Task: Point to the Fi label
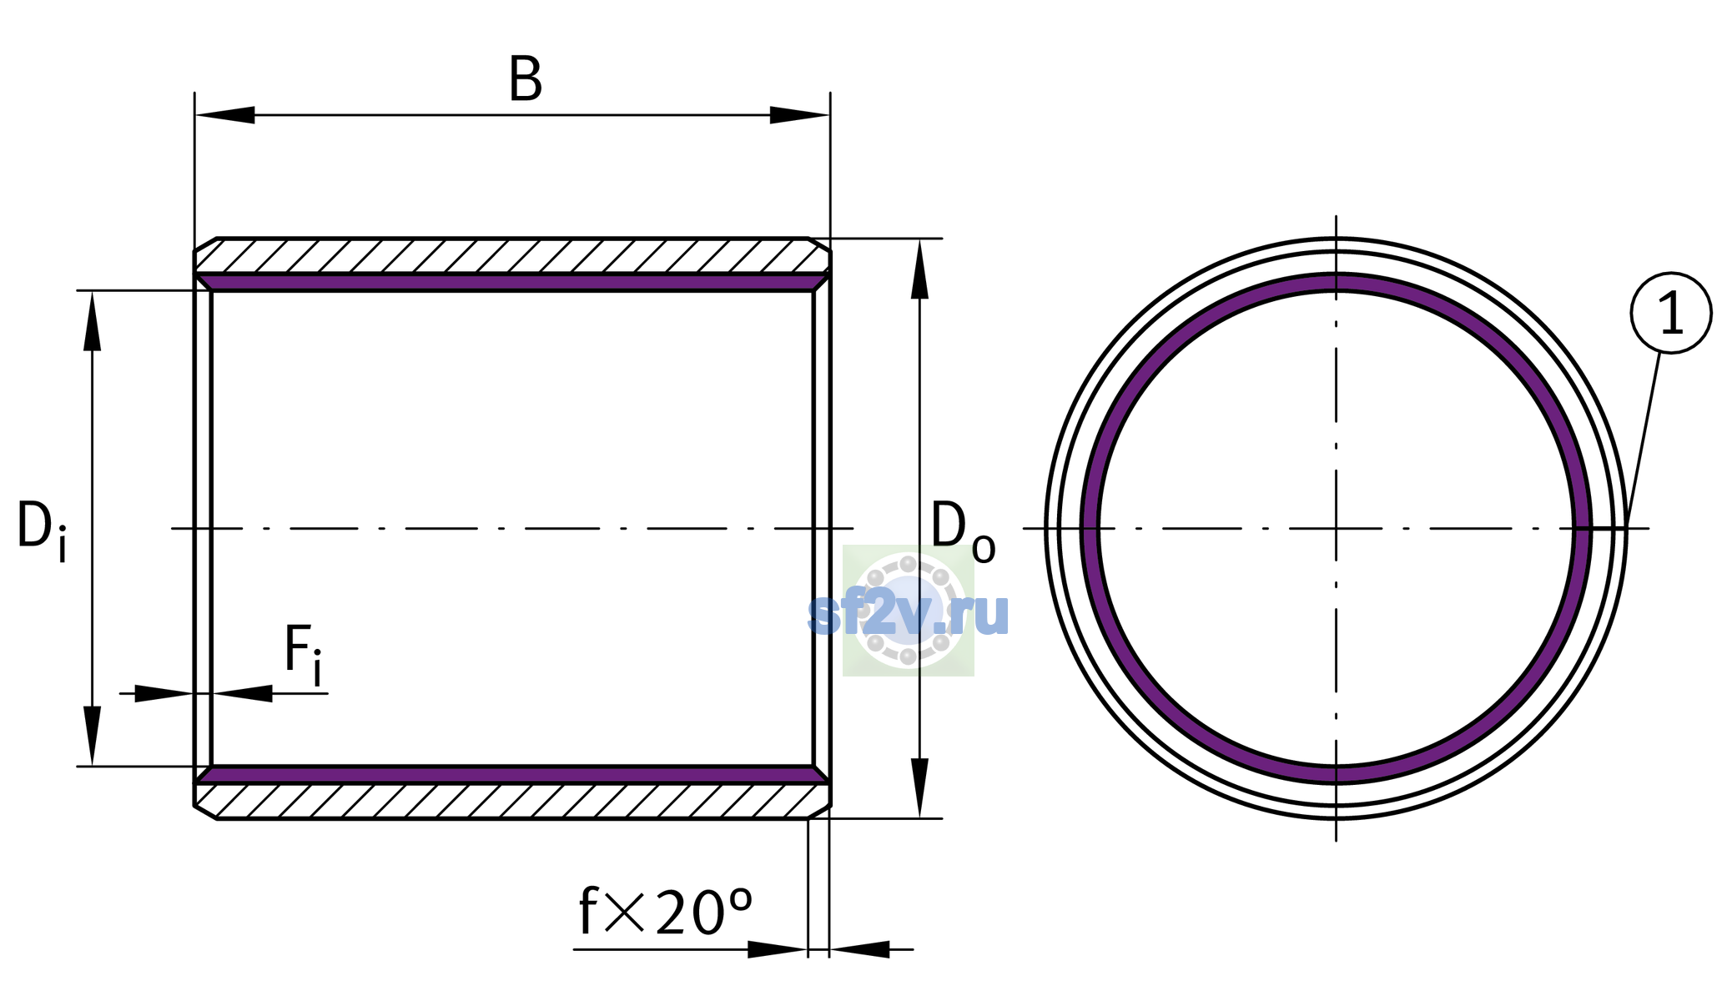(303, 654)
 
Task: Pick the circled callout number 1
(1671, 313)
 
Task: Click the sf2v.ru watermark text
(909, 615)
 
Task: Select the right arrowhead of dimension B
(799, 115)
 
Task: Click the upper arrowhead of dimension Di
(92, 320)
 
